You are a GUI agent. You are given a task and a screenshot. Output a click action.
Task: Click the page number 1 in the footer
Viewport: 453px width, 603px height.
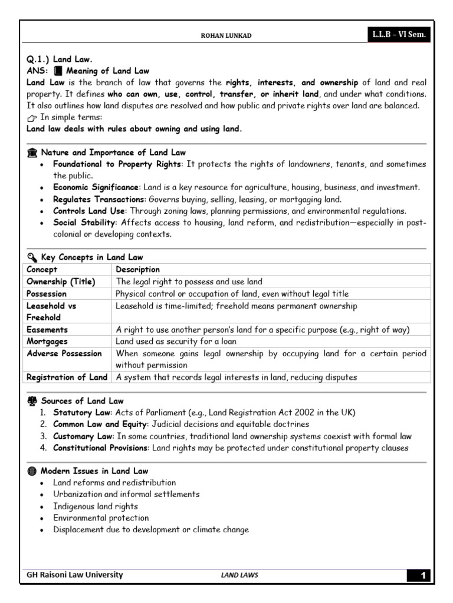pos(421,575)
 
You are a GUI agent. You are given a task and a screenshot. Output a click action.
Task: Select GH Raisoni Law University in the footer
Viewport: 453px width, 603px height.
pos(75,575)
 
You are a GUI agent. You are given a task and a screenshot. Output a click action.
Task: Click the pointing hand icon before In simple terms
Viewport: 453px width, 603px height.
pos(32,118)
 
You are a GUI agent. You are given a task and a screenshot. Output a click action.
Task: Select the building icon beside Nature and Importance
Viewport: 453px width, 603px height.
pos(32,153)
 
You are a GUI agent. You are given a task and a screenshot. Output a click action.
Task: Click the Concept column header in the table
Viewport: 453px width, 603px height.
pos(42,269)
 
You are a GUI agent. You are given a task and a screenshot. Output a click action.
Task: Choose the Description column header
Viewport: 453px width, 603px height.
pos(137,269)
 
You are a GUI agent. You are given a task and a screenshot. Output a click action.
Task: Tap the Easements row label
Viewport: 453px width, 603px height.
pos(48,329)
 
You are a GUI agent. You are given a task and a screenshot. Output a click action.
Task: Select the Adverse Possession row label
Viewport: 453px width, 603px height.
pos(64,353)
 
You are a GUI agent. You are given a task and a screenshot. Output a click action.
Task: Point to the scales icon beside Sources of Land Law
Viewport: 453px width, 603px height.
pos(32,401)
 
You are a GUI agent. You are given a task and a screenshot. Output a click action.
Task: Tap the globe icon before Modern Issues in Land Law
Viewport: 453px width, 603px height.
pos(32,471)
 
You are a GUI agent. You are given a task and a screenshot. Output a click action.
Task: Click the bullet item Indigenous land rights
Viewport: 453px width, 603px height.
pos(96,506)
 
